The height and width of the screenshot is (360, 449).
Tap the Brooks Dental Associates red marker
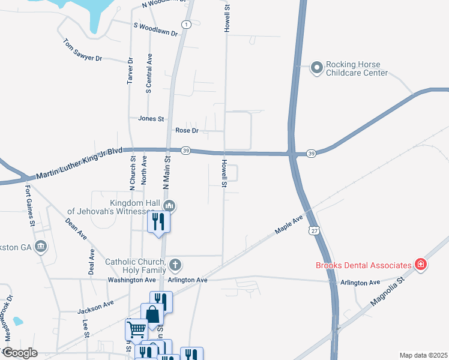pos(421,265)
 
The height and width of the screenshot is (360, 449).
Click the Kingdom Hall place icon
pos(169,206)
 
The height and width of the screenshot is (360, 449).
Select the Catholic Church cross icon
pos(175,265)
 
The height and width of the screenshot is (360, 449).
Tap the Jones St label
pos(151,119)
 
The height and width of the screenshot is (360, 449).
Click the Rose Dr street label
pos(187,130)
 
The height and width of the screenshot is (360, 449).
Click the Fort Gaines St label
pos(30,205)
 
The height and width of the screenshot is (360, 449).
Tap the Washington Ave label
pos(131,280)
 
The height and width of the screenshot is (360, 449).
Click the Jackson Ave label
pos(95,308)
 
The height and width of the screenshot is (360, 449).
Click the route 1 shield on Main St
pos(187,24)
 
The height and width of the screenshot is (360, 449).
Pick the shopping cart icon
pos(136,329)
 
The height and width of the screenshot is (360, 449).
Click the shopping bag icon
pos(152,314)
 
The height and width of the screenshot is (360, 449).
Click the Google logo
pos(19,353)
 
